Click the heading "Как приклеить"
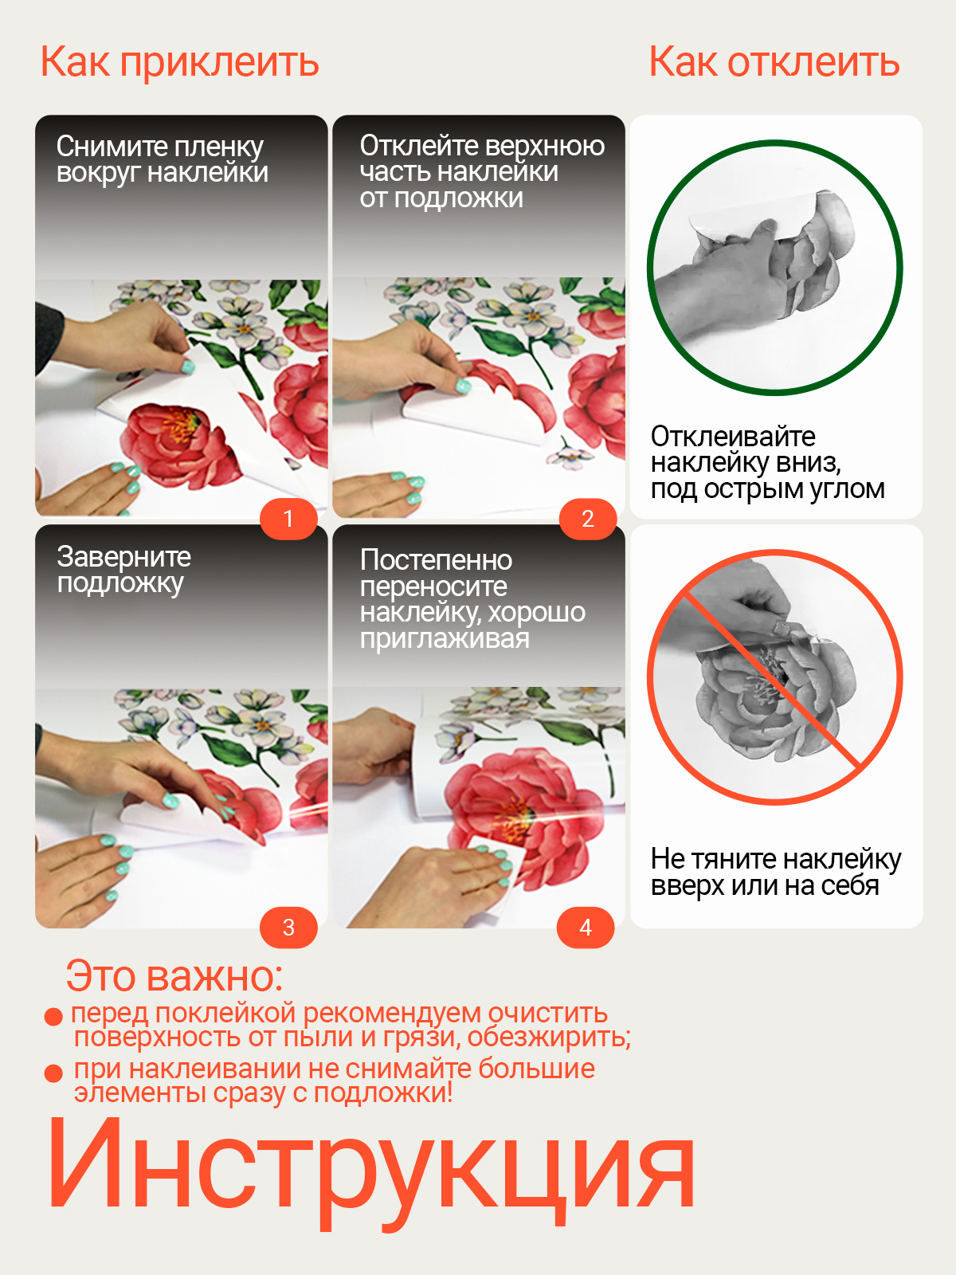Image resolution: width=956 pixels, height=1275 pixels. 179,63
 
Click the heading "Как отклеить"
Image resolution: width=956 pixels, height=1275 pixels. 774,61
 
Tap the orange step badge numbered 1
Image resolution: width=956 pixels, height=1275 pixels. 288,519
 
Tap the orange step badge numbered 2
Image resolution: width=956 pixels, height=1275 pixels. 587,519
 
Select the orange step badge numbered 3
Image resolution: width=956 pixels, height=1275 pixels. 288,928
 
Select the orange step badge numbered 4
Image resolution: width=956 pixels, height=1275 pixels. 585,928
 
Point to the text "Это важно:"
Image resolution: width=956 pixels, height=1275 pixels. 174,976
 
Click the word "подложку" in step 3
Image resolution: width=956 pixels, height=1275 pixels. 120,583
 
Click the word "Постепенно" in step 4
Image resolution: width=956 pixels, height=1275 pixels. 436,560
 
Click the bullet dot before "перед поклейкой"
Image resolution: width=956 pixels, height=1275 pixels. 53,1017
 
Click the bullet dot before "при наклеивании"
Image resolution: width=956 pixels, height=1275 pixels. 53,1073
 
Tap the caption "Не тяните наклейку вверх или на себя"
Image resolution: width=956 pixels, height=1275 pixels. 776,872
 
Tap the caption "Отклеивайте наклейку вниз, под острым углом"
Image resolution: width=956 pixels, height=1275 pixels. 767,463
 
